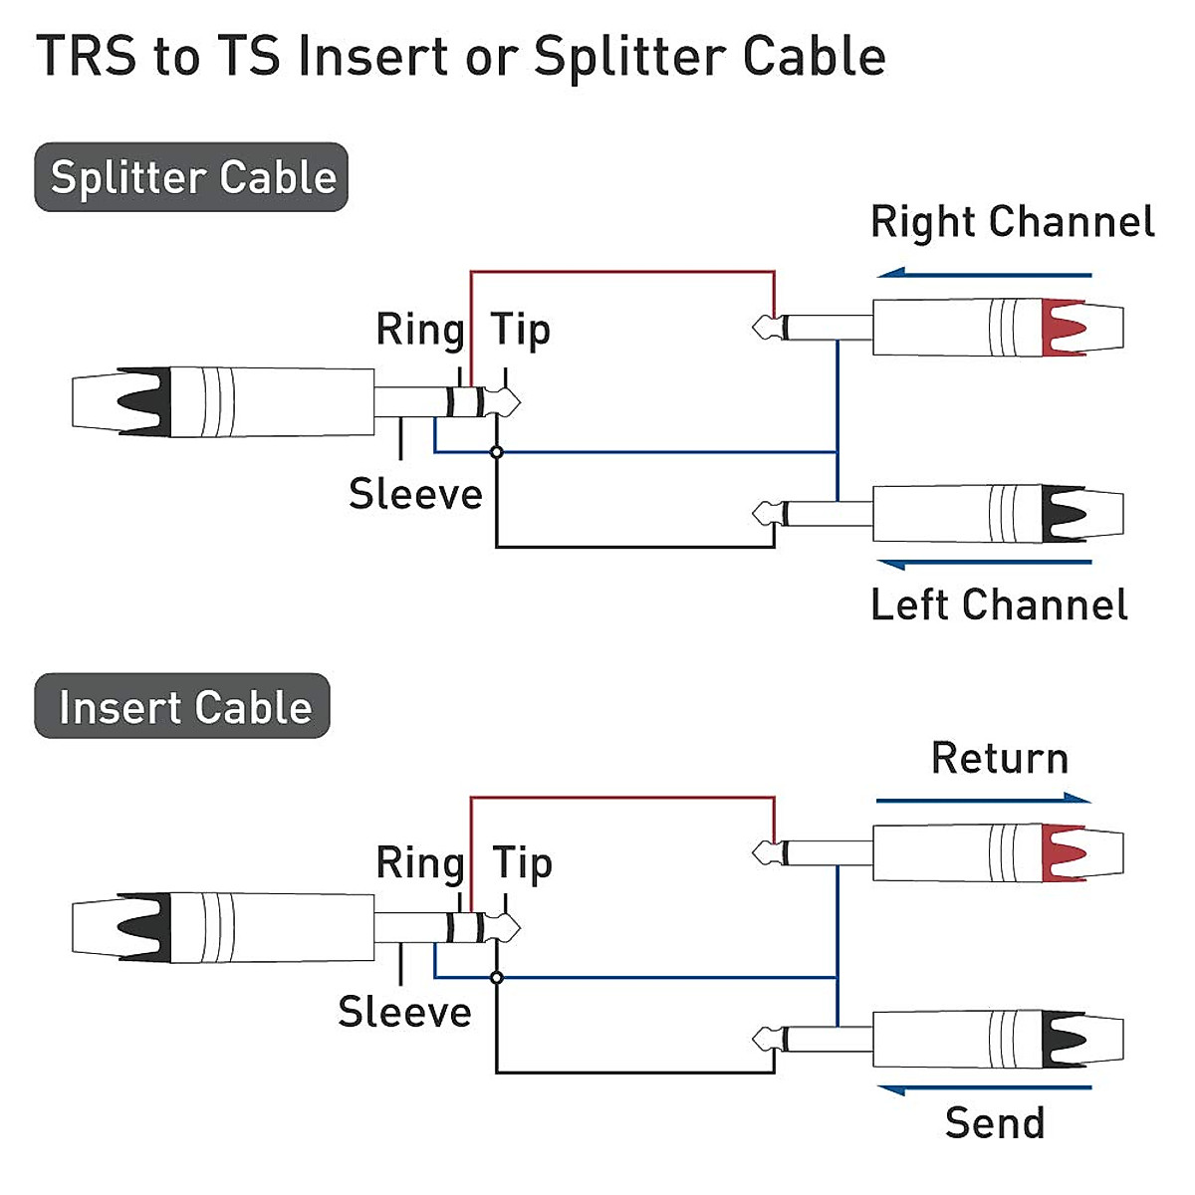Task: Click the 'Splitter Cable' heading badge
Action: pos(191,177)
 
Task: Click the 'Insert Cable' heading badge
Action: pos(182,706)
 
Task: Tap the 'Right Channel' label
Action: pos(1012,222)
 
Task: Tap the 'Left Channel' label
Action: pos(999,604)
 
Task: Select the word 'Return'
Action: pos(1000,758)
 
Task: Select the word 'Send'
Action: pos(995,1122)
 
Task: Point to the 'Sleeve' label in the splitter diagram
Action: pos(415,494)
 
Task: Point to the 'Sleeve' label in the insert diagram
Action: pos(404,1012)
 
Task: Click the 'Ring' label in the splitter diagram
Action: pos(419,330)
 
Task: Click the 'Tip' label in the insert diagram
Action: pos(522,862)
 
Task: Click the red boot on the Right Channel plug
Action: pos(1063,328)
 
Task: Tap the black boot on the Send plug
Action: pos(1063,1040)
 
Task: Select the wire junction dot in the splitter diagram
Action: pos(497,452)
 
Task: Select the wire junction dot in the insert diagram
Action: pos(497,978)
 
